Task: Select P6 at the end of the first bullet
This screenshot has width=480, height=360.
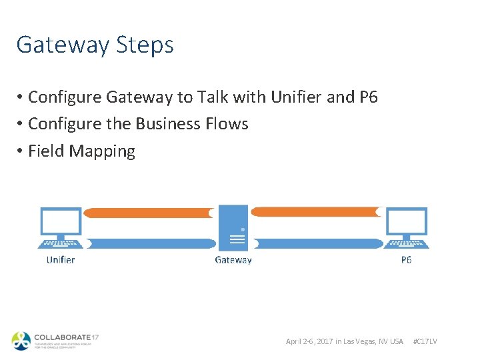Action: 368,97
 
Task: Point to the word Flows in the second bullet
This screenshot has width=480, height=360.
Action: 229,124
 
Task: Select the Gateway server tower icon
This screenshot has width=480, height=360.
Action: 233,227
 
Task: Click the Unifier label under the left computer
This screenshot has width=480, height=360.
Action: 61,259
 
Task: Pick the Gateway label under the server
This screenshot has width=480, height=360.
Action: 233,259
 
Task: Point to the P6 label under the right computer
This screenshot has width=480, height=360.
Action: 407,259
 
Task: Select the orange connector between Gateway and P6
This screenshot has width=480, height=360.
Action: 317,212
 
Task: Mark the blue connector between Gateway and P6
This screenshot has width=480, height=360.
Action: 317,243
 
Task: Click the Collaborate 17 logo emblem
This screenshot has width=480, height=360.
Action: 21,340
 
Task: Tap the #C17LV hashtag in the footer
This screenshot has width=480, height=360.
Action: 425,341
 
